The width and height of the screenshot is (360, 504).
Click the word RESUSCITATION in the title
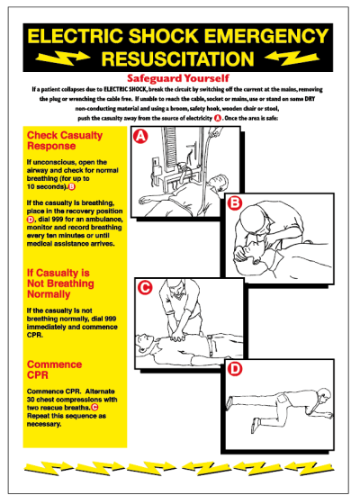180,56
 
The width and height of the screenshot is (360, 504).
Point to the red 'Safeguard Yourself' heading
179,77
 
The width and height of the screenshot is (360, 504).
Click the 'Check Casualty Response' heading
58,141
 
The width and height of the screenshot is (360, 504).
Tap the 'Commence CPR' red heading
54,370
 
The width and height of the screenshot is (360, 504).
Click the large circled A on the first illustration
139,137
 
